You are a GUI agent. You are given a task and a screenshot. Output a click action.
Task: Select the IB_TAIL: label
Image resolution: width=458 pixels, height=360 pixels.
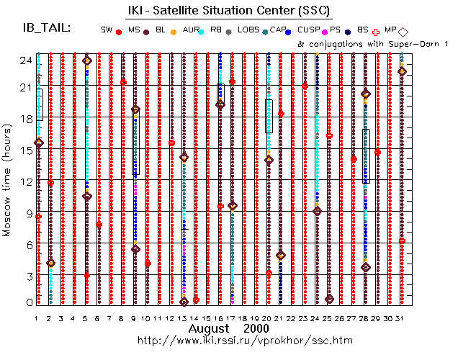[45, 28]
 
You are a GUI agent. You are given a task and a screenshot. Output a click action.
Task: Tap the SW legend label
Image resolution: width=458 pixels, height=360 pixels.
[107, 30]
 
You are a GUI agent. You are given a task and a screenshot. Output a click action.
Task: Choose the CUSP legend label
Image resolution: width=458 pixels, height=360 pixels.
[309, 30]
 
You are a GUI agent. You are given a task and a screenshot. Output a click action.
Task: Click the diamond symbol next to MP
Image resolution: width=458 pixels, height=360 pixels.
[403, 32]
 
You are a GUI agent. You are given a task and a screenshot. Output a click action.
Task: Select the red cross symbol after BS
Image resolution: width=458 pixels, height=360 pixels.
[376, 32]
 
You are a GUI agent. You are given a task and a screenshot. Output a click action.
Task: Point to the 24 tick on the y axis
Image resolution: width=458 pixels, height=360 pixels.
[23, 60]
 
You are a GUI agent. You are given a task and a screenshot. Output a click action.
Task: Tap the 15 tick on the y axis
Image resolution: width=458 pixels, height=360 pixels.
[23, 150]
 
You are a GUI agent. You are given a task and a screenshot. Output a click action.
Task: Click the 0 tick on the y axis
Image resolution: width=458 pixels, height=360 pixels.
[26, 303]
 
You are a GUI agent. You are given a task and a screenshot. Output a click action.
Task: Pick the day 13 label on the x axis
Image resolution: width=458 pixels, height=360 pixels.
[183, 318]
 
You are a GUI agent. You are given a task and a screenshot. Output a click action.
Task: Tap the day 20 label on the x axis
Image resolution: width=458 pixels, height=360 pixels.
[268, 318]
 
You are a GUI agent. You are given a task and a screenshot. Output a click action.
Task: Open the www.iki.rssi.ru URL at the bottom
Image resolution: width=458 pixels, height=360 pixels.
[245, 340]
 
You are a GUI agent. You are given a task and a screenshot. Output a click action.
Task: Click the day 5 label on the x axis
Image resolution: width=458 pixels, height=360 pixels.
[86, 318]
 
